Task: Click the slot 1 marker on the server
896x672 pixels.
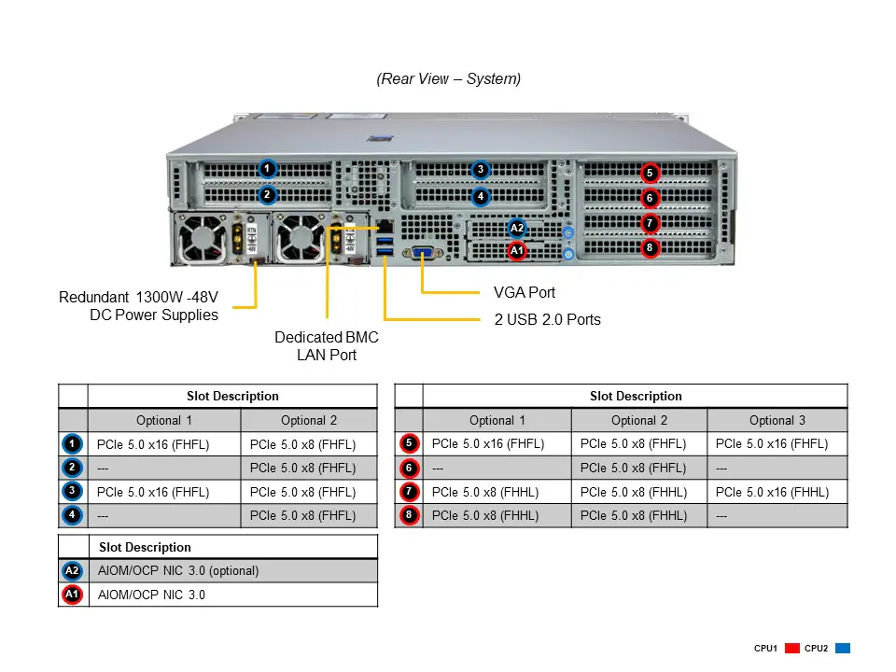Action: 267,169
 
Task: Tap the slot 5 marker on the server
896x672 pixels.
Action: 650,173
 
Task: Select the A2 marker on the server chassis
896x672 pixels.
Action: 517,228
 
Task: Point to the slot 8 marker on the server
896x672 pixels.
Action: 650,248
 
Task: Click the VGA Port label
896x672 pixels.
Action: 524,293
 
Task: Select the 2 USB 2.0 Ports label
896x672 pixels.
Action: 547,319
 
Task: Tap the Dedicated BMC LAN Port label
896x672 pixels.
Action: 327,346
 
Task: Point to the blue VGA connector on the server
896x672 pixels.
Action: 422,252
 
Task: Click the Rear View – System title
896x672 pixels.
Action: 449,79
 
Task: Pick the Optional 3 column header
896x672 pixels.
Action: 777,420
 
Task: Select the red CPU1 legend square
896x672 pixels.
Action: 793,648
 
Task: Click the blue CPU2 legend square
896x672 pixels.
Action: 842,648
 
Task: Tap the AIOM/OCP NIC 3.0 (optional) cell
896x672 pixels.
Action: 178,570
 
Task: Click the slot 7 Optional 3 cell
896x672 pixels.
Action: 777,492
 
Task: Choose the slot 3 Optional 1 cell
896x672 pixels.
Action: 164,492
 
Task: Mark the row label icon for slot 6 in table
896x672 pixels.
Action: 409,468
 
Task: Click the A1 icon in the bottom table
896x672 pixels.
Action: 72,595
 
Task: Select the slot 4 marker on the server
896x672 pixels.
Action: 480,197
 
